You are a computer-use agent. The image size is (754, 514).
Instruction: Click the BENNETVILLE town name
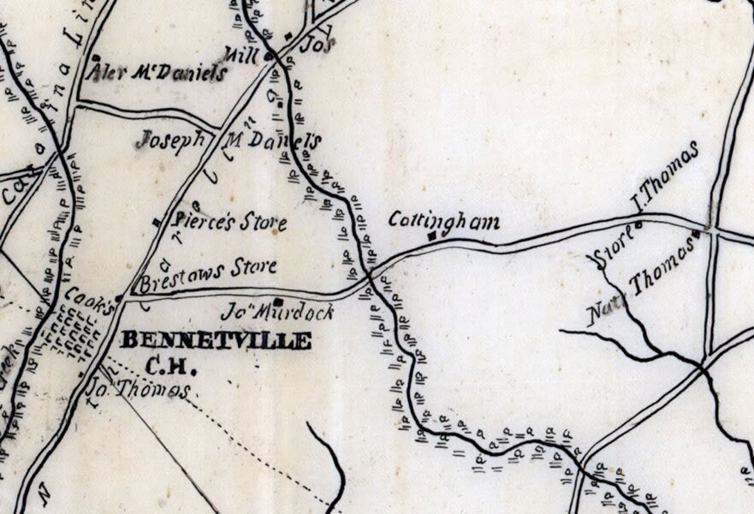click(216, 340)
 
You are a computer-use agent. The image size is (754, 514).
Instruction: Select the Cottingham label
click(444, 221)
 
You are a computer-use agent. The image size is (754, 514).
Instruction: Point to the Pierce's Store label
click(229, 223)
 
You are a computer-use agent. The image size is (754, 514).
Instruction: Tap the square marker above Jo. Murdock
click(278, 301)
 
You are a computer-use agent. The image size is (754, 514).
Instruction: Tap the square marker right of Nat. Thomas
click(698, 234)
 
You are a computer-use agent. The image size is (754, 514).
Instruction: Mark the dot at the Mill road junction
click(268, 57)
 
